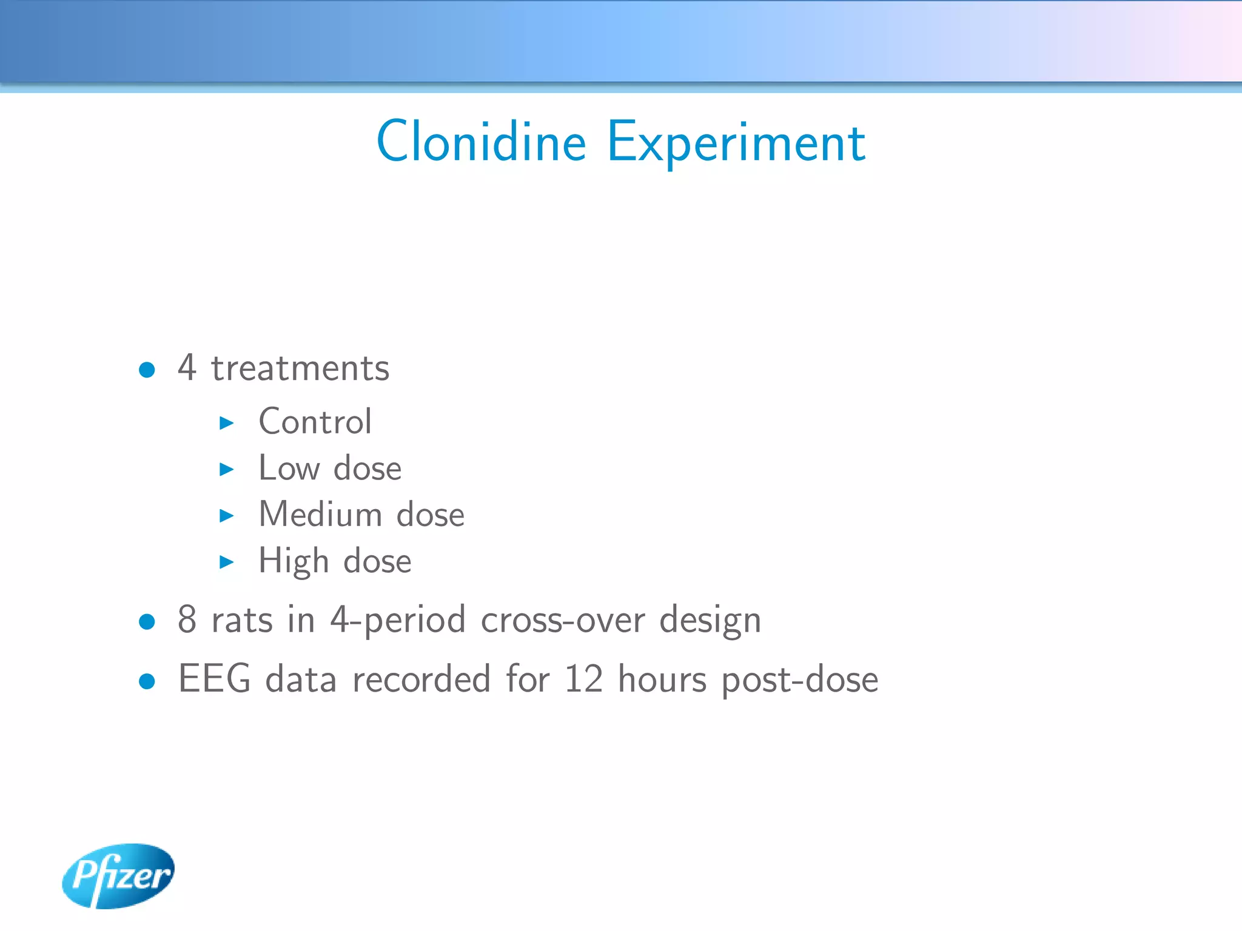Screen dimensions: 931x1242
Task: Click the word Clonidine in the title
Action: (481, 142)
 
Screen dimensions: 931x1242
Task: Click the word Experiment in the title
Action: (736, 143)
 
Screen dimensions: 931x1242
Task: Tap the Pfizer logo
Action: (118, 875)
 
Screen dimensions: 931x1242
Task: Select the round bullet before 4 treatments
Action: (147, 370)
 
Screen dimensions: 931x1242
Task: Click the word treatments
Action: (300, 369)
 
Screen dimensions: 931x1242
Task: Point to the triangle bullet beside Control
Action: (226, 422)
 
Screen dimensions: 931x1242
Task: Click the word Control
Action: (315, 421)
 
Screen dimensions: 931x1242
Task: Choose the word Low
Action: (289, 468)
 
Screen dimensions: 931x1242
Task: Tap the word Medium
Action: (320, 515)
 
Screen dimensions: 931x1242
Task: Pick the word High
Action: (294, 561)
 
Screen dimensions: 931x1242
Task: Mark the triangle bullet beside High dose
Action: (226, 562)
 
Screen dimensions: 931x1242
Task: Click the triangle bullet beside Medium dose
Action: (226, 516)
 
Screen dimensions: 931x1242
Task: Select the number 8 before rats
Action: (187, 619)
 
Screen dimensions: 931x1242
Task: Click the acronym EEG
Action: (214, 678)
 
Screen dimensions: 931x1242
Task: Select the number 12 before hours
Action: (583, 679)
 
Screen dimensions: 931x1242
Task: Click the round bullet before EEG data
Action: (147, 681)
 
